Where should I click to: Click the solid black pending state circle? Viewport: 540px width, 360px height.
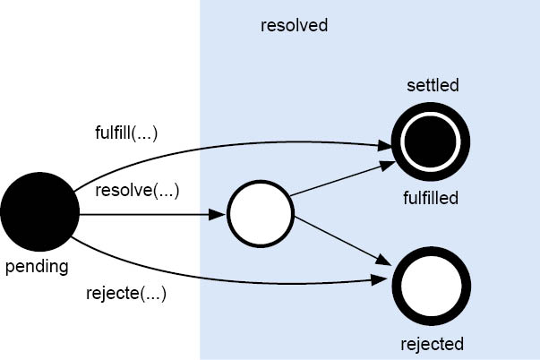pyautogui.click(x=39, y=213)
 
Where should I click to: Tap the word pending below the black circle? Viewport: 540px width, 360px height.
pyautogui.click(x=37, y=266)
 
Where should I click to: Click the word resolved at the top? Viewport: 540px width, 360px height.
pyautogui.click(x=294, y=25)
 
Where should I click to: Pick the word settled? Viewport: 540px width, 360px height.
pyautogui.click(x=433, y=86)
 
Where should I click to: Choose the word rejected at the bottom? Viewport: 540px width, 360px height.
pyautogui.click(x=432, y=343)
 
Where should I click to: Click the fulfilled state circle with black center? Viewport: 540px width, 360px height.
pyautogui.click(x=431, y=141)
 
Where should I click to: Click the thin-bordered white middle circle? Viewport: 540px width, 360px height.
pyautogui.click(x=261, y=215)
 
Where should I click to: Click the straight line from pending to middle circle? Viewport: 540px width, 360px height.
pyautogui.click(x=143, y=215)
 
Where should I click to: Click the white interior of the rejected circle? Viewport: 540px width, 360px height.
pyautogui.click(x=431, y=287)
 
